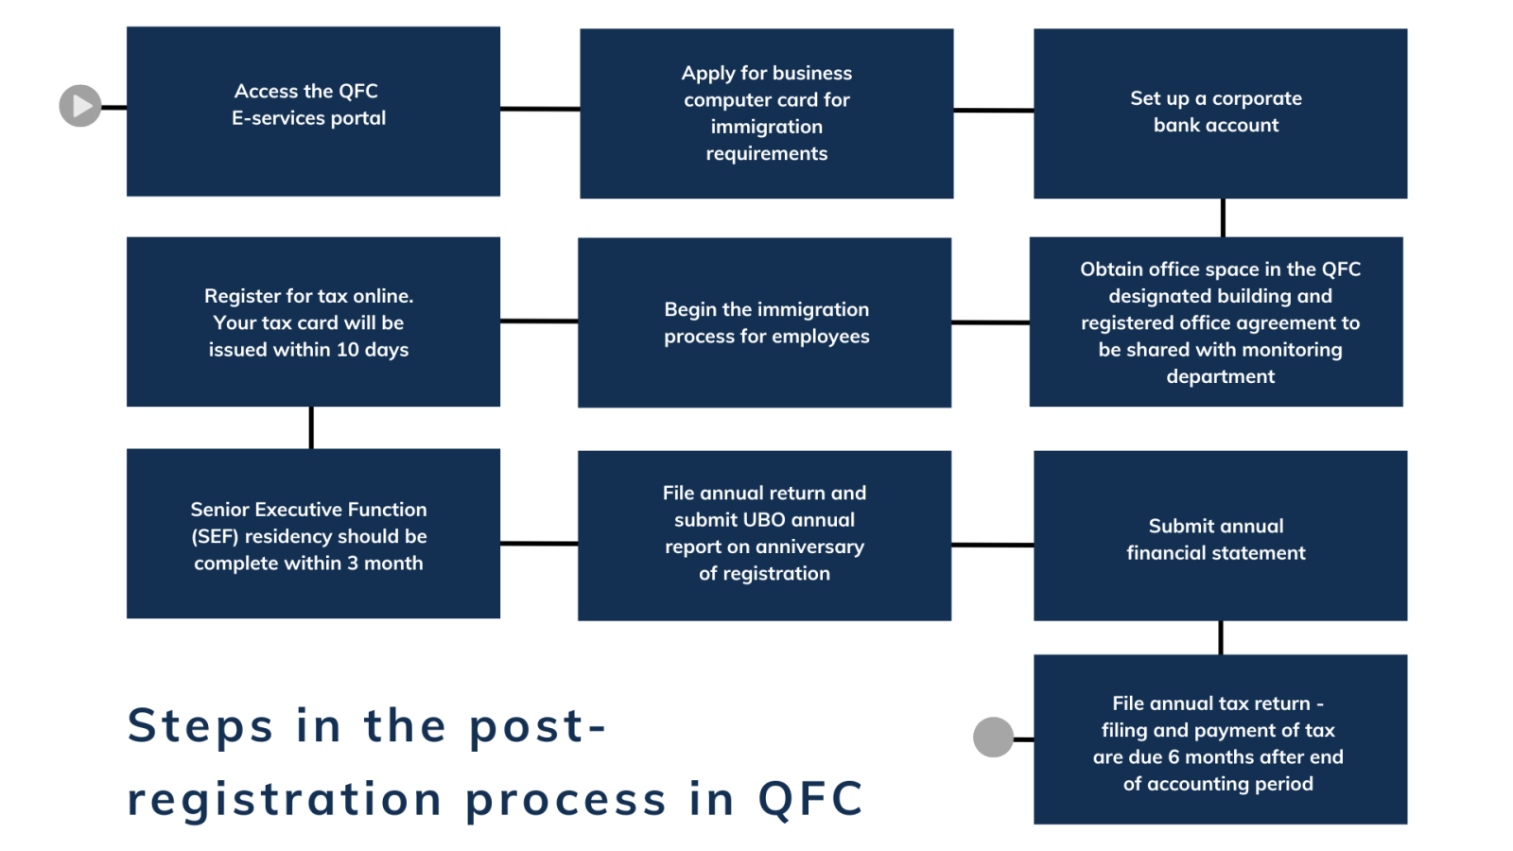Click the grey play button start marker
[80, 106]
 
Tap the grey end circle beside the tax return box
[993, 737]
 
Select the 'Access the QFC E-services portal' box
[313, 112]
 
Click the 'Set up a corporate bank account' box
[1220, 113]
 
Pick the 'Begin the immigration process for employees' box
[764, 322]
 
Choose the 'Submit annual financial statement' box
[1220, 535]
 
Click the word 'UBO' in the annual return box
[764, 520]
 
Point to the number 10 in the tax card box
[347, 350]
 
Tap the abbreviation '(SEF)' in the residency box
[215, 537]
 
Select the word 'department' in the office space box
[1220, 377]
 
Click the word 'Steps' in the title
[200, 726]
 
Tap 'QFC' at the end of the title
[810, 799]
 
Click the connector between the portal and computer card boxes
[539, 109]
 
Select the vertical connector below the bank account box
[1223, 217]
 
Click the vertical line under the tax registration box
[311, 427]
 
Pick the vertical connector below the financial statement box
[1221, 637]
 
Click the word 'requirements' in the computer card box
[766, 154]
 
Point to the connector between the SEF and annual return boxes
[538, 544]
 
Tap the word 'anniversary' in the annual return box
[809, 547]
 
